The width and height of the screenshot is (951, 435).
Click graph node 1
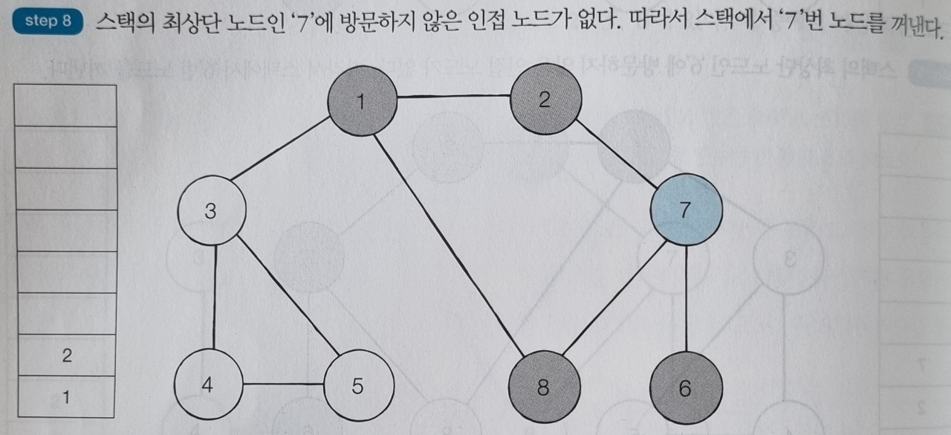pos(362,101)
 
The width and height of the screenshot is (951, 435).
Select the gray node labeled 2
pos(545,100)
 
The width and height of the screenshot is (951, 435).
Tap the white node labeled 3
pos(212,213)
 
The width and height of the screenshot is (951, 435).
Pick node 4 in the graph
pos(208,385)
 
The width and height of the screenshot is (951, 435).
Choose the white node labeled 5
pos(358,387)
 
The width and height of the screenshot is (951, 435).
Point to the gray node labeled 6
pos(684,387)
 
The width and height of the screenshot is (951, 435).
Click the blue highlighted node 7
pos(685,210)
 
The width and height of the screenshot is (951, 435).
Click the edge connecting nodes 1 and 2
pos(453,97)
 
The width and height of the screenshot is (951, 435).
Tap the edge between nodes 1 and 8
pos(453,244)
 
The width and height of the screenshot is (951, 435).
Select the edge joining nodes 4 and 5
pos(283,384)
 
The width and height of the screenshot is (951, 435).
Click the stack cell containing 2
pos(66,355)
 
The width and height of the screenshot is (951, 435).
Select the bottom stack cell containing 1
pos(66,397)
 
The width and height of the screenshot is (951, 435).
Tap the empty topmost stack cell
pos(66,106)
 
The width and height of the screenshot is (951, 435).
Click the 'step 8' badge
pos(47,21)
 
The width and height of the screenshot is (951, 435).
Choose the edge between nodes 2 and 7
pos(615,154)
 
